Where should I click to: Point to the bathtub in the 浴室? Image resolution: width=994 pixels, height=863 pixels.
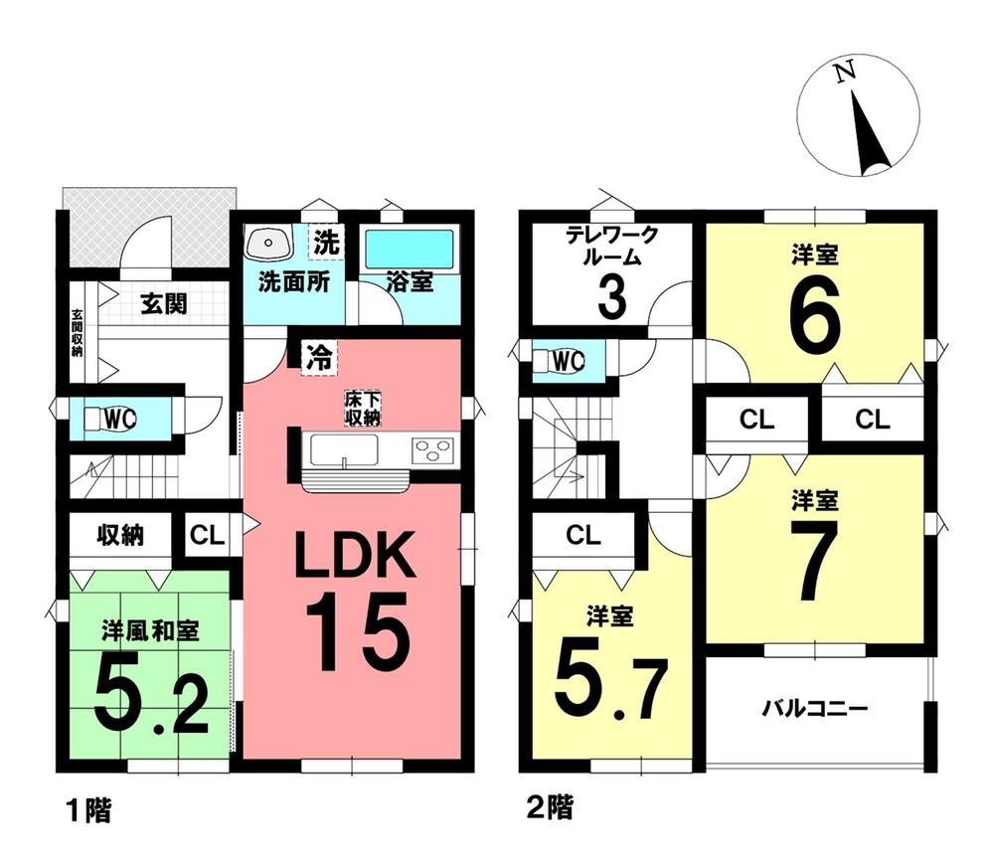[x=408, y=248]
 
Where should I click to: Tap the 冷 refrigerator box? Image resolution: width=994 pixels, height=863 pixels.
[x=318, y=356]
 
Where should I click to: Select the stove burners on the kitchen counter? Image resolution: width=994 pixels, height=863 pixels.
[x=432, y=448]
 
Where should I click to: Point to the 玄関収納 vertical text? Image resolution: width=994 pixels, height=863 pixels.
[x=77, y=334]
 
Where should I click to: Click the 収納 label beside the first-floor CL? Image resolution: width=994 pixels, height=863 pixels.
[x=120, y=535]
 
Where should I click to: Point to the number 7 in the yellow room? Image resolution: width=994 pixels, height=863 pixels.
[x=815, y=563]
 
